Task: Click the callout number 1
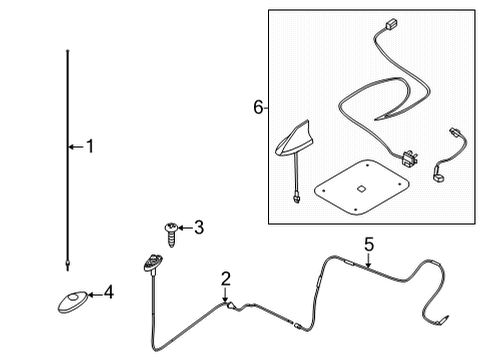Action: click(x=89, y=147)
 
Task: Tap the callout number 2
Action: click(x=226, y=279)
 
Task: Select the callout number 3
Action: click(x=198, y=228)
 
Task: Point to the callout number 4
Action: click(x=109, y=294)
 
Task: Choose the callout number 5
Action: click(x=368, y=243)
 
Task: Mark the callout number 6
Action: click(x=259, y=107)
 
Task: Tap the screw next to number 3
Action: click(x=170, y=234)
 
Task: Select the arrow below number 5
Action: click(x=368, y=262)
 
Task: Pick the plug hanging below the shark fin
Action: click(x=298, y=198)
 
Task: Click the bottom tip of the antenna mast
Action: click(x=66, y=265)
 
